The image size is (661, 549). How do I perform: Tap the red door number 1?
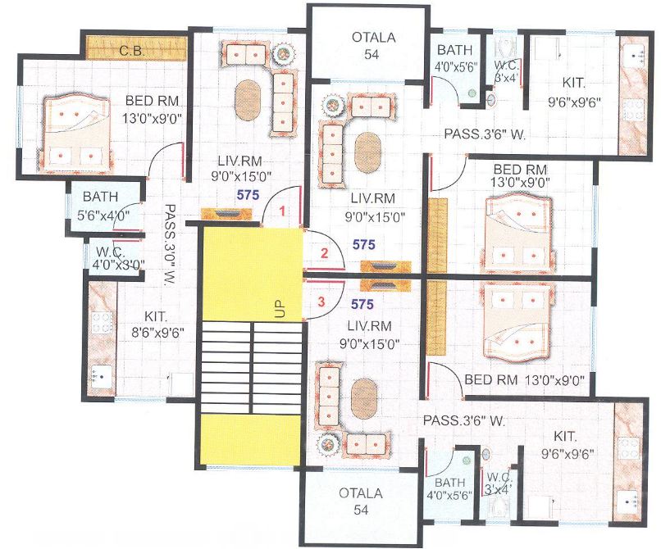[282, 211]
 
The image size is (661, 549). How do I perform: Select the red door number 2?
[324, 253]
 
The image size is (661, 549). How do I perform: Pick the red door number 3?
[321, 301]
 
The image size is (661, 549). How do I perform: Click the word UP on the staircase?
[280, 309]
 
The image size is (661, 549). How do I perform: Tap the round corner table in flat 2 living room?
[333, 107]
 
